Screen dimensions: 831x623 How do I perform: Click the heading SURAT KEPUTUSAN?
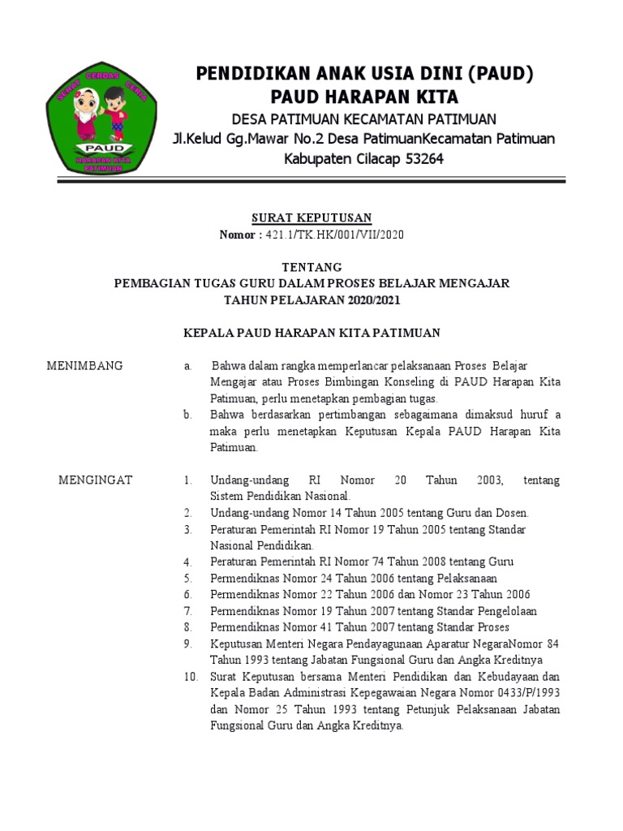pos(311,217)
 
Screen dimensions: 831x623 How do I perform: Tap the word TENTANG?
pos(311,267)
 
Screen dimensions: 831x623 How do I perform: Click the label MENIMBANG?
pos(85,366)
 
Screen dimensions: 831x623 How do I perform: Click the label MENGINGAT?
pos(95,480)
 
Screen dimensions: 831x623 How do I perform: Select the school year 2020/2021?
pos(371,299)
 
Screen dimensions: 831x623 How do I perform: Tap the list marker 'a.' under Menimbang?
pos(187,366)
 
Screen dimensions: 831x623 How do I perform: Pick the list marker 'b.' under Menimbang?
pos(187,415)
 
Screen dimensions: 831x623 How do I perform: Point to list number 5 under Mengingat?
pos(187,579)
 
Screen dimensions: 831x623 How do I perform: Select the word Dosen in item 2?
pos(510,513)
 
